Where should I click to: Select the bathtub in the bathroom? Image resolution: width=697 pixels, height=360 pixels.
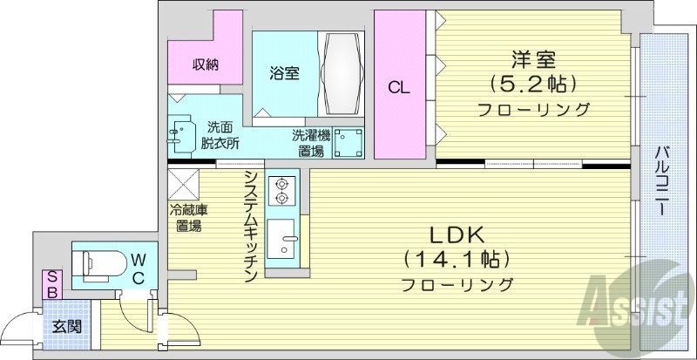pos(340,75)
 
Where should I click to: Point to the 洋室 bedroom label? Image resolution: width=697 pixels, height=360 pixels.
pos(533,60)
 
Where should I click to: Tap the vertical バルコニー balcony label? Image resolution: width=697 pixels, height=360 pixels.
pos(664,182)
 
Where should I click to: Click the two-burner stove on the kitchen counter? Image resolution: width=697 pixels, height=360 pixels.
pos(282,191)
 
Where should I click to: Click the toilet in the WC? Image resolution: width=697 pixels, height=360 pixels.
pos(98,261)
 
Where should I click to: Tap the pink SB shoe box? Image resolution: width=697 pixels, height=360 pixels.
pos(53,284)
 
